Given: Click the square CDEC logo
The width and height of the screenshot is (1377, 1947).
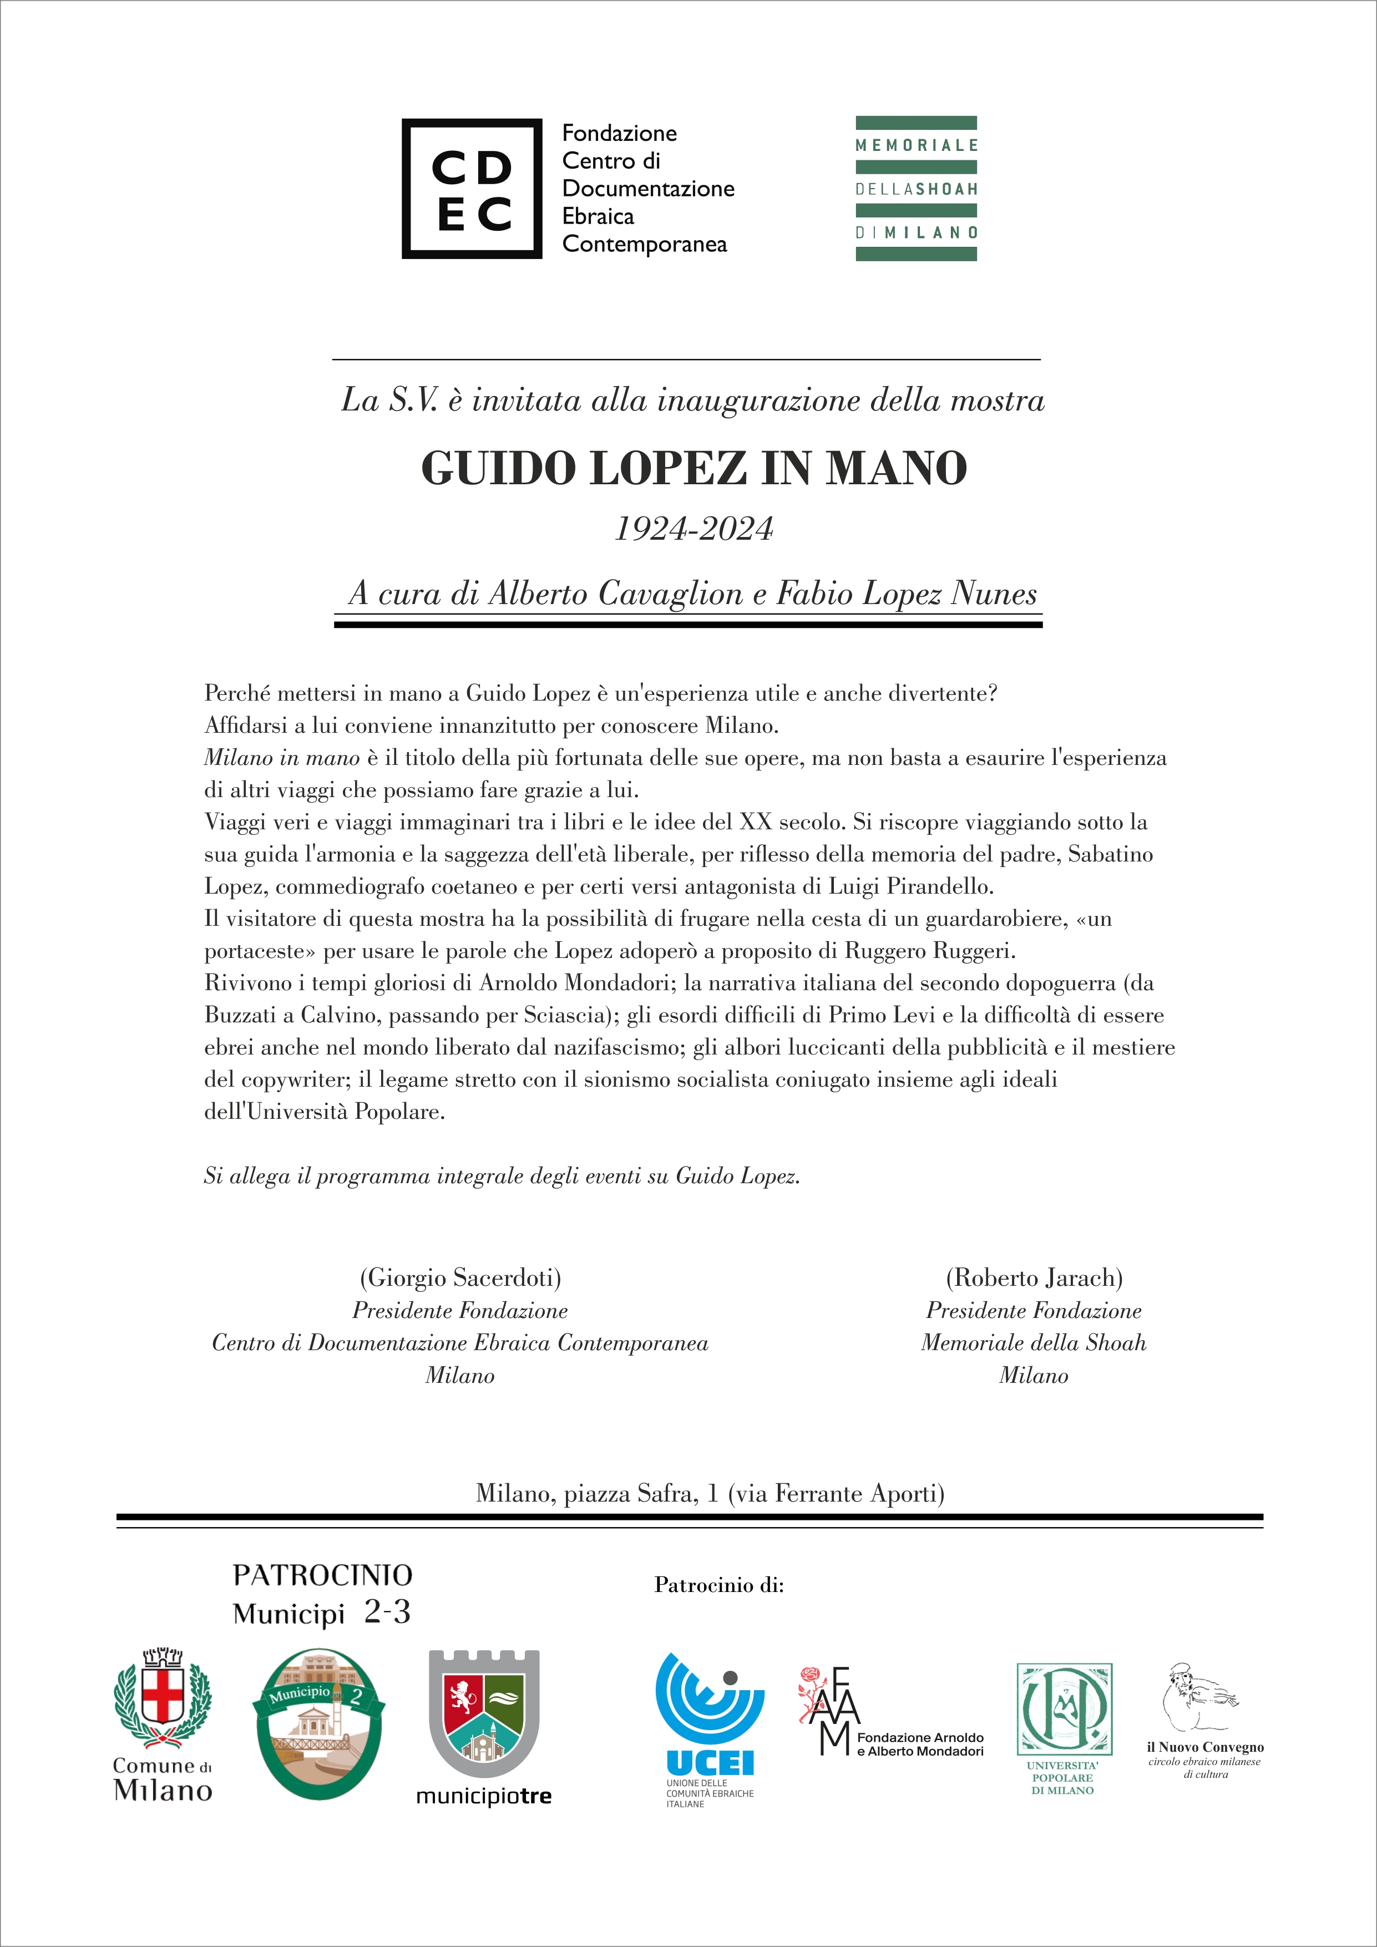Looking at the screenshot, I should coord(472,188).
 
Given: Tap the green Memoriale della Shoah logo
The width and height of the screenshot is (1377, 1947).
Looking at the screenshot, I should coord(916,188).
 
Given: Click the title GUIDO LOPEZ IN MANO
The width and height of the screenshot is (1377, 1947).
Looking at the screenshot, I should coord(693,468).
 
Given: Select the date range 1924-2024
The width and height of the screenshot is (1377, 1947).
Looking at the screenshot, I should coord(693,529).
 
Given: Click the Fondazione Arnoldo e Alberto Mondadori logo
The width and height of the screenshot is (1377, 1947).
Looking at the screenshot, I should coord(890,1723).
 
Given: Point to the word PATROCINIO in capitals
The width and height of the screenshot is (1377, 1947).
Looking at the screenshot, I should coord(322,1575).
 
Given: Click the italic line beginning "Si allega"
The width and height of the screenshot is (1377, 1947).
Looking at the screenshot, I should coord(502,1176).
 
